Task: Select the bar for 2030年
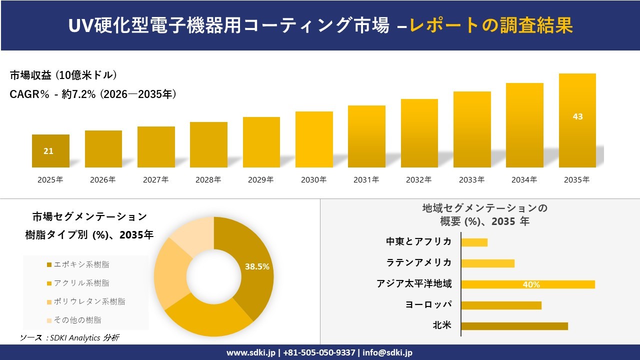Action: pyautogui.click(x=314, y=139)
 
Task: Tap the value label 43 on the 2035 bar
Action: pyautogui.click(x=577, y=116)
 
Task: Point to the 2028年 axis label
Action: pyautogui.click(x=208, y=179)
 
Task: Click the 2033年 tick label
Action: pyautogui.click(x=472, y=179)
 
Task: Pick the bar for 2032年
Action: pyautogui.click(x=419, y=133)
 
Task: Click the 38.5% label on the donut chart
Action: pyautogui.click(x=257, y=266)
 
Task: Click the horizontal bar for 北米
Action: pyautogui.click(x=514, y=326)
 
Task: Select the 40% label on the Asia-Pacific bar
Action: pyautogui.click(x=531, y=284)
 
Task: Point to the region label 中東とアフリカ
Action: pyautogui.click(x=418, y=242)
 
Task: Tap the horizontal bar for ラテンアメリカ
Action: pyautogui.click(x=487, y=263)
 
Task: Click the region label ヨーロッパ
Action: pyautogui.click(x=428, y=304)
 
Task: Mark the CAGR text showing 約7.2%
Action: pyautogui.click(x=93, y=94)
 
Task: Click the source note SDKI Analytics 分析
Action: pyautogui.click(x=70, y=338)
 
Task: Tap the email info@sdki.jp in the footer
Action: pyautogui.click(x=387, y=352)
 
